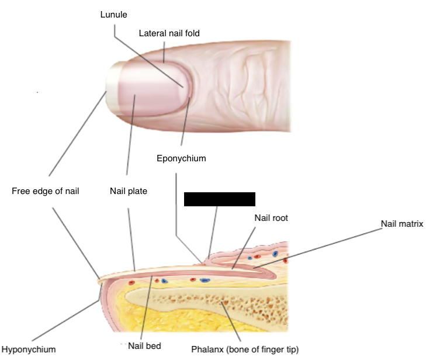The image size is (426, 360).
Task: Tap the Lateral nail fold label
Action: click(x=165, y=33)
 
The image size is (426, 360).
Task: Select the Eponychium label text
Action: click(x=181, y=158)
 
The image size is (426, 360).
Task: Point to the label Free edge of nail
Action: click(x=45, y=191)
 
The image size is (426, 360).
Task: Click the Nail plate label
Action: click(x=129, y=191)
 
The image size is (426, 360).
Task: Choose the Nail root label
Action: click(x=271, y=217)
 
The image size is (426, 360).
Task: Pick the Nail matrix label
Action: click(x=401, y=223)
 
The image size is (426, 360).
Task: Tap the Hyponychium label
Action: click(x=29, y=349)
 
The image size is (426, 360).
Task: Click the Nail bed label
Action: click(x=144, y=346)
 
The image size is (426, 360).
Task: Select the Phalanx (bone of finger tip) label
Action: click(x=245, y=349)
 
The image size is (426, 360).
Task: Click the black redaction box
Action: click(x=220, y=199)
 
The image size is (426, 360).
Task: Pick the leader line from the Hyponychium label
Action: click(x=58, y=323)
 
